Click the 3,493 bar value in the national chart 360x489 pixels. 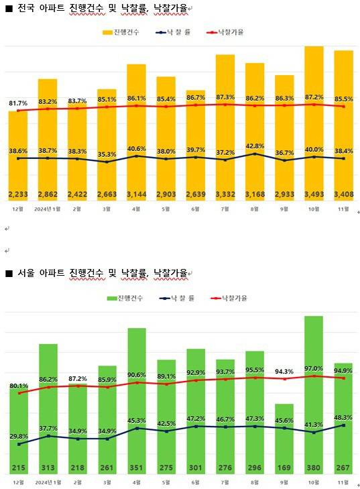(314, 195)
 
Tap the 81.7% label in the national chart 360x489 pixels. (18, 104)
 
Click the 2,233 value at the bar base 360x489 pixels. (18, 195)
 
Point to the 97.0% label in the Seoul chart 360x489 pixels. (314, 368)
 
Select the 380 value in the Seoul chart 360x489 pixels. (314, 468)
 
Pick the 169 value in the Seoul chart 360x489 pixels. (284, 468)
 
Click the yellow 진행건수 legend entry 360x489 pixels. (121, 32)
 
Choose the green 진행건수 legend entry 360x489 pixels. (125, 298)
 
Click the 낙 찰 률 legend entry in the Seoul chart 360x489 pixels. (175, 298)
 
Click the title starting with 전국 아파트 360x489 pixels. (101, 9)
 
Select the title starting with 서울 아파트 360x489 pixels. (101, 272)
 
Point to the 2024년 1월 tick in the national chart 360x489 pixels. (47, 209)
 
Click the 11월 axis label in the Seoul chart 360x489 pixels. (344, 481)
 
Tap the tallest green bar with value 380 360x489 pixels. (314, 389)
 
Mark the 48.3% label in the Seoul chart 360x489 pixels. (344, 417)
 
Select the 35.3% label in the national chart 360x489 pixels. (107, 154)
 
